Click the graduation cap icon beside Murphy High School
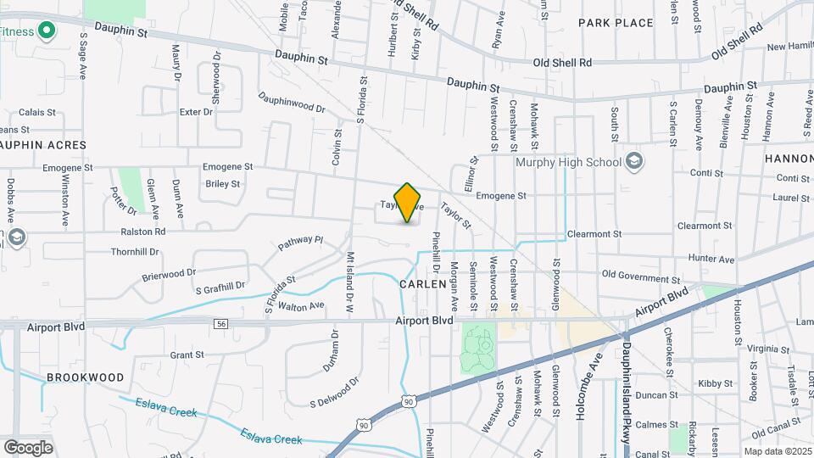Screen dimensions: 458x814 (633, 161)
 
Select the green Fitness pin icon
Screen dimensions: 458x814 (47, 33)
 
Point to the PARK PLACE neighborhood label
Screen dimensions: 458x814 (616, 23)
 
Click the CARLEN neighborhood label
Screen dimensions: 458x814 (422, 284)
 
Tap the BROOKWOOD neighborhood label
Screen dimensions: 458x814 (85, 377)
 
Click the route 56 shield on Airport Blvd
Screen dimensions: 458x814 (221, 324)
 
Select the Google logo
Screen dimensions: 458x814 (28, 447)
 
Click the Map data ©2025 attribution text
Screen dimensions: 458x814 (777, 451)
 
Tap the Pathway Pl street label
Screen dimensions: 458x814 (301, 244)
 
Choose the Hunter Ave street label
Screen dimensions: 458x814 (711, 258)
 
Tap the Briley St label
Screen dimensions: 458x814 (223, 183)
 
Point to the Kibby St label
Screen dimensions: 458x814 (715, 383)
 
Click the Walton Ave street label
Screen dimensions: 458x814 (301, 305)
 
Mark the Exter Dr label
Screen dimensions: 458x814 (196, 112)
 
